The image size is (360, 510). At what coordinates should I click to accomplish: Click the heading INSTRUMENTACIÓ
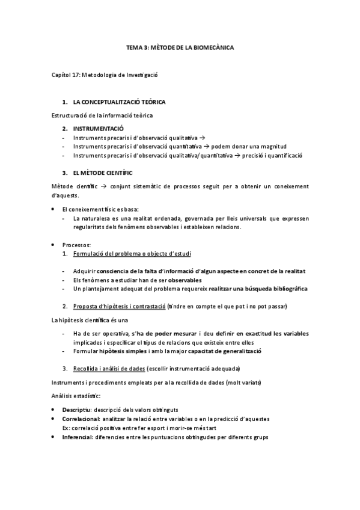[x=98, y=129]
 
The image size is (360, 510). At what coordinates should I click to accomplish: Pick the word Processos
[x=76, y=245]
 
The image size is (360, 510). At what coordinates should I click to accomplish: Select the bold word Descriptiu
[x=76, y=410]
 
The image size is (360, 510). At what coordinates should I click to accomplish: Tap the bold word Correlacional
[x=81, y=418]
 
